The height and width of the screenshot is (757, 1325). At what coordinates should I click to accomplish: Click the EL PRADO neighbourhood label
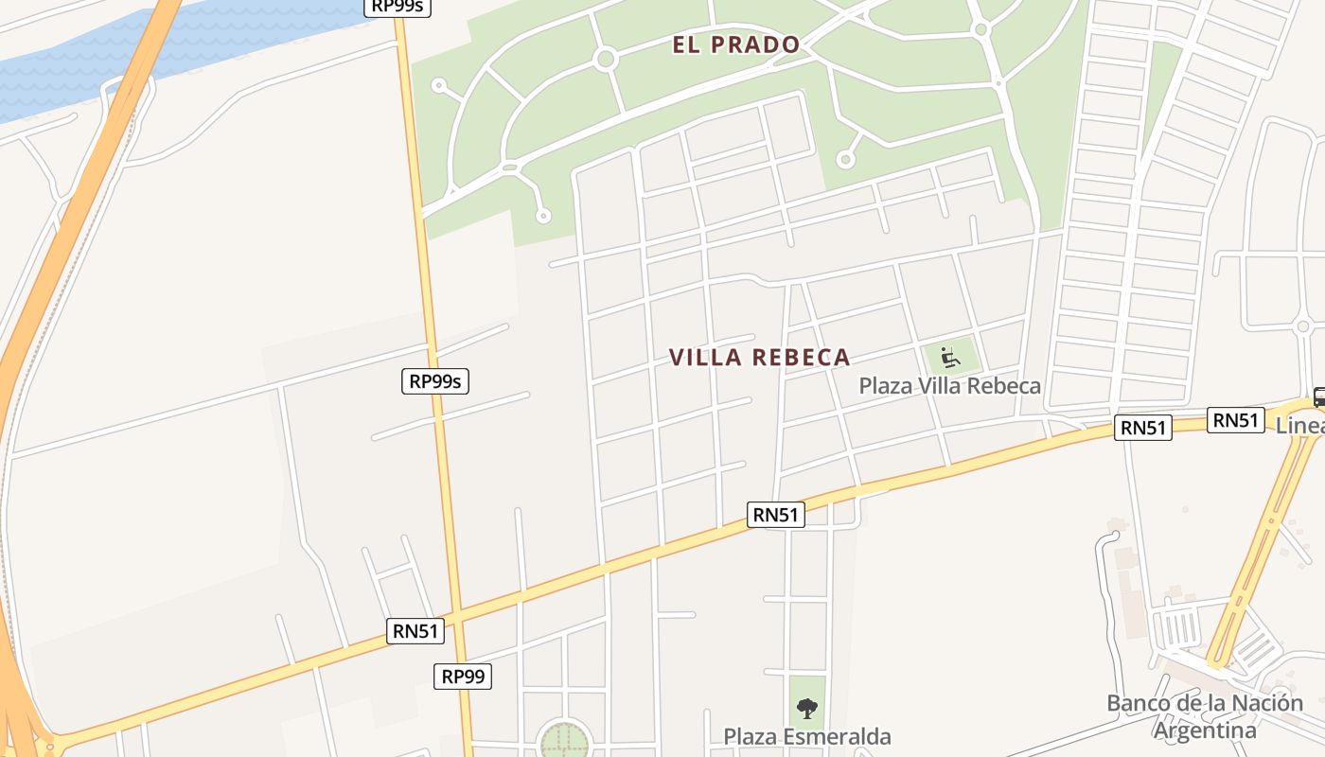(x=736, y=44)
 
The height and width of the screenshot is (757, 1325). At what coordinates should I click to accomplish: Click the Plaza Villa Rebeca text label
(x=949, y=386)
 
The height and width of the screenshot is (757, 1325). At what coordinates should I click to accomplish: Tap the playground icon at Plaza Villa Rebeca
(x=950, y=358)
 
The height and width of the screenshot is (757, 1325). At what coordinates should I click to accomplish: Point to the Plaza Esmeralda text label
(x=806, y=736)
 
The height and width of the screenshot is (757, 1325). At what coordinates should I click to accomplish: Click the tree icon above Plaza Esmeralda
(x=806, y=708)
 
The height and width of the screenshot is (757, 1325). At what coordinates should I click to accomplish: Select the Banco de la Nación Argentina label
(x=1204, y=716)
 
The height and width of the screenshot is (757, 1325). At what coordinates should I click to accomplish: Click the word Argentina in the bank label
(x=1204, y=731)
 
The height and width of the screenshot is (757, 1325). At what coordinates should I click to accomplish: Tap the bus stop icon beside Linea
(x=1318, y=397)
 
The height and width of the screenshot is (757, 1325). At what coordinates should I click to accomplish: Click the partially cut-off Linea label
(x=1299, y=426)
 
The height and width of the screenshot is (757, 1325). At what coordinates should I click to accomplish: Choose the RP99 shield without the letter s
(x=463, y=677)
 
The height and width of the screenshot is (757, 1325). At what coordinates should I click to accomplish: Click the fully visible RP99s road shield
(x=435, y=381)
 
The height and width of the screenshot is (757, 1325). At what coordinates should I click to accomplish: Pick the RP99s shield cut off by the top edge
(x=397, y=7)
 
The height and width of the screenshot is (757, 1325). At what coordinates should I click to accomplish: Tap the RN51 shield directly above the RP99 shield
(x=415, y=631)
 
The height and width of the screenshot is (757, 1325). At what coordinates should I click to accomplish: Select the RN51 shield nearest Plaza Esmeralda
(x=776, y=515)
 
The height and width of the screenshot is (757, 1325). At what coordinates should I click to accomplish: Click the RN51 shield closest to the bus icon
(x=1235, y=420)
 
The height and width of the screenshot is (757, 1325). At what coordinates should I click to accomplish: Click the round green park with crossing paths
(x=565, y=739)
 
